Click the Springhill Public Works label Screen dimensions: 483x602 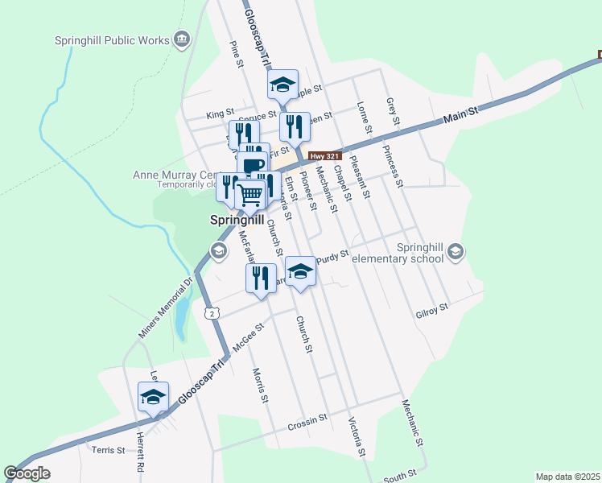pyautogui.click(x=112, y=40)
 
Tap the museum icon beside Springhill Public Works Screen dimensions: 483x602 pyautogui.click(x=182, y=39)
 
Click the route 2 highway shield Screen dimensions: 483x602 pyautogui.click(x=211, y=312)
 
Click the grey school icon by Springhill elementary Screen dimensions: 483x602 pyautogui.click(x=456, y=252)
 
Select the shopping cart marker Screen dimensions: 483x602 pyautogui.click(x=251, y=193)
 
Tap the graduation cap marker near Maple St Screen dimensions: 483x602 pyautogui.click(x=282, y=84)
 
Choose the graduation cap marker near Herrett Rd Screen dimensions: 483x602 pyautogui.click(x=153, y=396)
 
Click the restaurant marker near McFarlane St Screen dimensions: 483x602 pyautogui.click(x=260, y=278)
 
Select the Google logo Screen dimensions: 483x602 pyautogui.click(x=27, y=473)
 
